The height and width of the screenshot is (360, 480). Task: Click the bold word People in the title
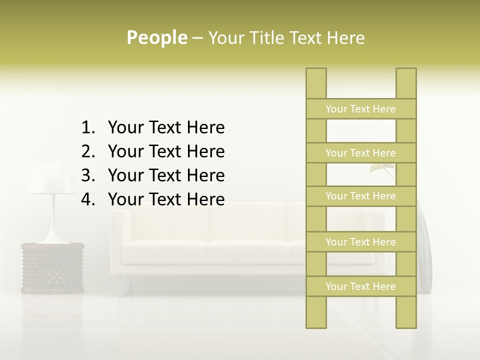(x=156, y=37)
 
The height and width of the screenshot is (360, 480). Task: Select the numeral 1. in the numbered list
(x=88, y=128)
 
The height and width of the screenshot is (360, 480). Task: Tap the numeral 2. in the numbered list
(x=88, y=151)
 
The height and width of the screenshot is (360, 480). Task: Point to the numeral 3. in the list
(x=88, y=175)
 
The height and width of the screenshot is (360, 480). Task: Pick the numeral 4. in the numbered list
(x=88, y=199)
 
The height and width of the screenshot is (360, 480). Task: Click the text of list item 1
(x=166, y=128)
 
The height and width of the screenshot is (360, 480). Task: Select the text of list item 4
(x=166, y=199)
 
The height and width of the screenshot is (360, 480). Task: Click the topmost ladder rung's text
(x=360, y=109)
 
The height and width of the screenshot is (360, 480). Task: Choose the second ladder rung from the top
(x=360, y=153)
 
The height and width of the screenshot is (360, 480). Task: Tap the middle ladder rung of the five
(x=360, y=196)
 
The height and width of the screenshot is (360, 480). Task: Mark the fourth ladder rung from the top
(x=360, y=242)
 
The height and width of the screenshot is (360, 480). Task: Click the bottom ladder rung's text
(x=360, y=286)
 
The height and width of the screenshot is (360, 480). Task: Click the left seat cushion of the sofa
(x=165, y=252)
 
